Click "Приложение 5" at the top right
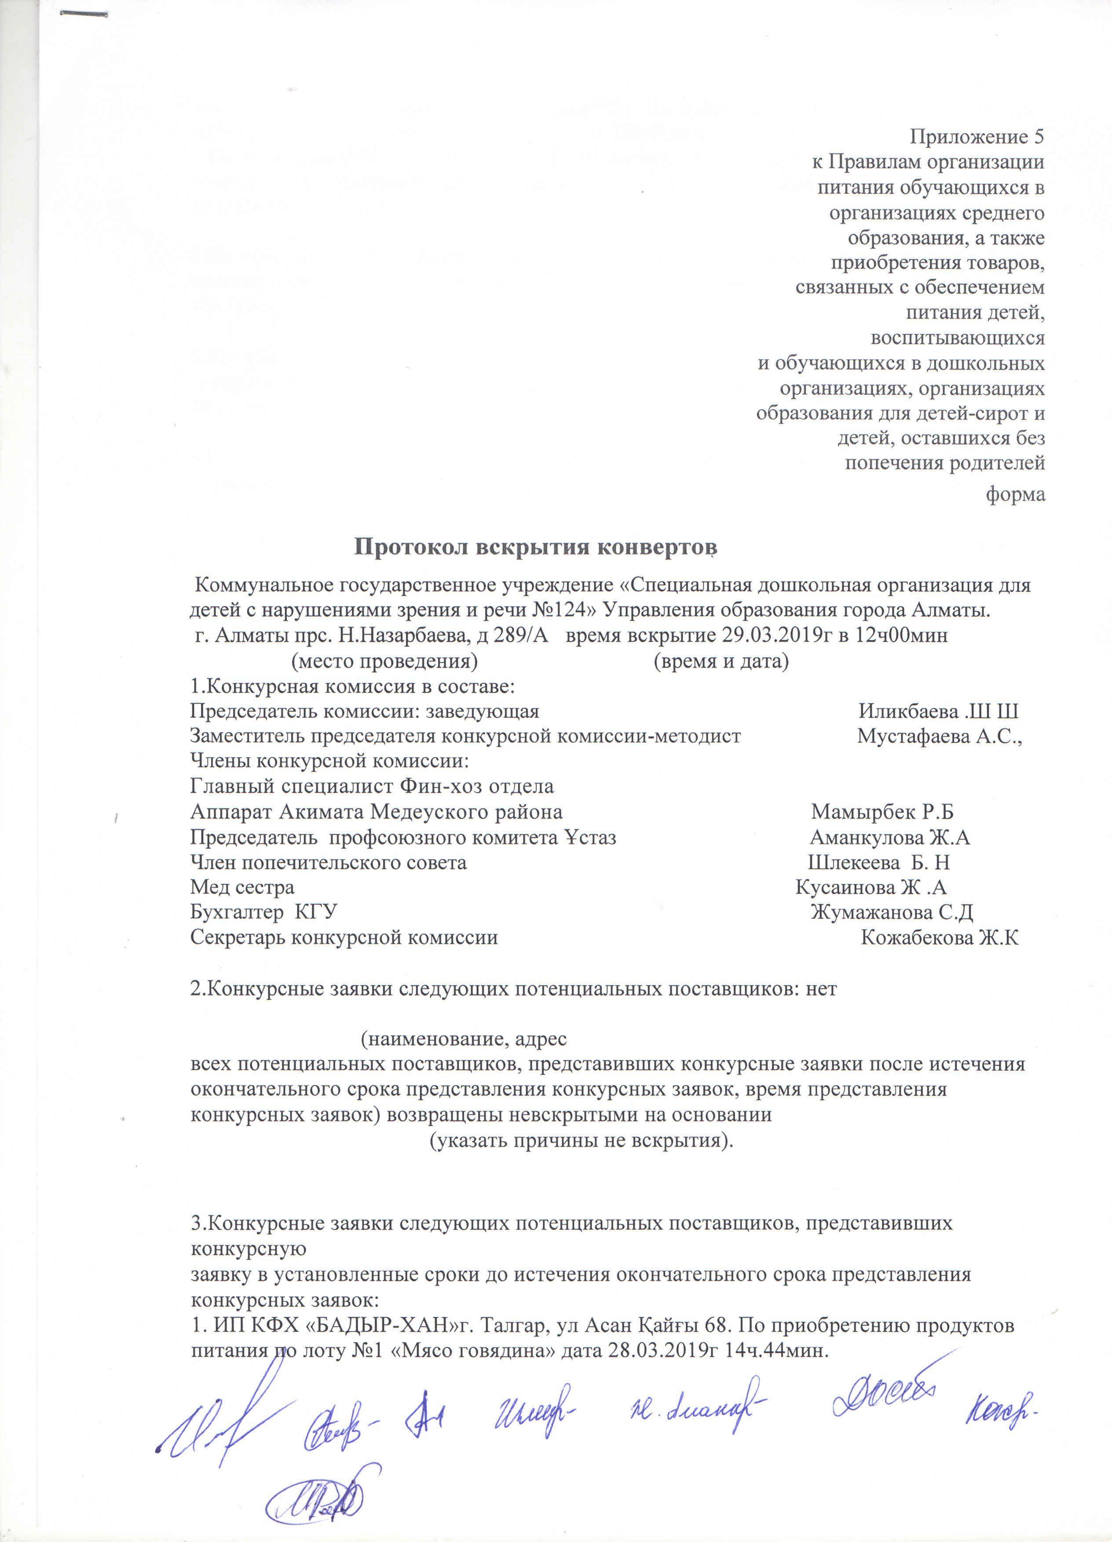[977, 137]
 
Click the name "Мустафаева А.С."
[940, 736]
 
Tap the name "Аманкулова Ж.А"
[890, 837]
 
